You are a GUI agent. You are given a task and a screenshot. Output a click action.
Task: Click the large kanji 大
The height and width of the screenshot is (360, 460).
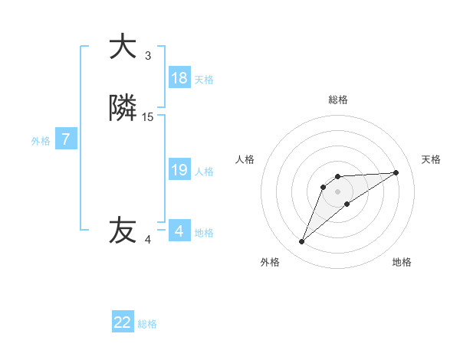pyautogui.click(x=123, y=47)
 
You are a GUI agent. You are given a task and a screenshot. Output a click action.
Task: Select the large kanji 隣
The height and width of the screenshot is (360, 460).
pyautogui.click(x=123, y=109)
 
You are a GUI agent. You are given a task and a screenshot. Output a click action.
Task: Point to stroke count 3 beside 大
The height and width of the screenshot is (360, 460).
pyautogui.click(x=148, y=55)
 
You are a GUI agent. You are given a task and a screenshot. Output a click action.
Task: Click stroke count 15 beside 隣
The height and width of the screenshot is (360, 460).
pyautogui.click(x=148, y=117)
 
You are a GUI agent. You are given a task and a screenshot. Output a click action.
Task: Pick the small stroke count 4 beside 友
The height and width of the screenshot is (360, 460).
pyautogui.click(x=148, y=239)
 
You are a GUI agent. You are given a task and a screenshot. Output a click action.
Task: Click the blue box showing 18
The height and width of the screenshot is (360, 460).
pyautogui.click(x=179, y=78)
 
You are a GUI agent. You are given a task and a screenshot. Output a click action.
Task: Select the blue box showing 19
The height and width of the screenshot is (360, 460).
pyautogui.click(x=179, y=170)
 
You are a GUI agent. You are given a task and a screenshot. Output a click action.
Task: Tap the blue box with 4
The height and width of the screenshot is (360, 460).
pyautogui.click(x=179, y=231)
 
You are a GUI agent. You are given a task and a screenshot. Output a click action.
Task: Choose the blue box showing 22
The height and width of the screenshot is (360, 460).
pyautogui.click(x=123, y=322)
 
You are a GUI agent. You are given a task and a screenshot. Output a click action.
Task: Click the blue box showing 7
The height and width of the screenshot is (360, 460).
pyautogui.click(x=66, y=139)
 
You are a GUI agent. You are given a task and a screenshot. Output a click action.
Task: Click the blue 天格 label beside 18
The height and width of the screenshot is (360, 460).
pyautogui.click(x=204, y=80)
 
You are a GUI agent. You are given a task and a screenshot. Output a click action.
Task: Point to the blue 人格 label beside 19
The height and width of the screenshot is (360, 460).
pyautogui.click(x=204, y=172)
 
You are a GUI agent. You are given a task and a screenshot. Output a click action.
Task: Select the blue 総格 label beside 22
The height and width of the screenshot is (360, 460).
pyautogui.click(x=147, y=324)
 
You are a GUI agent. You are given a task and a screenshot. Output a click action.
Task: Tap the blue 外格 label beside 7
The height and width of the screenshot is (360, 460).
pyautogui.click(x=41, y=141)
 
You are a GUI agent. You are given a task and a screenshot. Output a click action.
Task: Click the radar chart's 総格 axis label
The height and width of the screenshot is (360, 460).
pyautogui.click(x=338, y=100)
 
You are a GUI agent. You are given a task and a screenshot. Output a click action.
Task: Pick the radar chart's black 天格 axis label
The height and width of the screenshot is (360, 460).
pyautogui.click(x=431, y=159)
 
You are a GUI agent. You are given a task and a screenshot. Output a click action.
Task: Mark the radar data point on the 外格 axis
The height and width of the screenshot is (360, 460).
pyautogui.click(x=301, y=242)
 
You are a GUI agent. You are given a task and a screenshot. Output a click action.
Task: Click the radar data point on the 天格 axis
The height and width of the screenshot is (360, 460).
pyautogui.click(x=396, y=172)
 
